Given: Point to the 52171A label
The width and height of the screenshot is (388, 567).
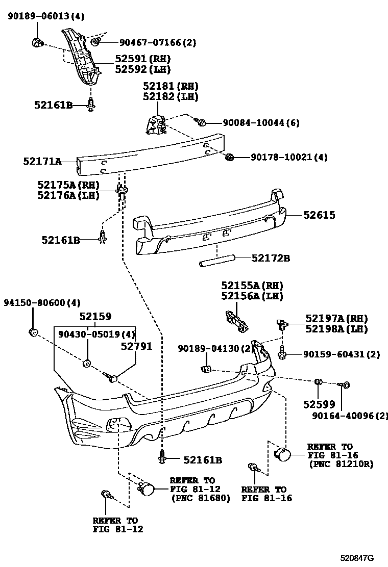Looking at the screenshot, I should (42, 162).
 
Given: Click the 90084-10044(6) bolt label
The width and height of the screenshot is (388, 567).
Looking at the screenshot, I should (261, 123).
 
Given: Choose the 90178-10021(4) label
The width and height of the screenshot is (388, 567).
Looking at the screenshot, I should (289, 158).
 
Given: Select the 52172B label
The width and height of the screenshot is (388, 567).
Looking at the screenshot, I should (271, 259).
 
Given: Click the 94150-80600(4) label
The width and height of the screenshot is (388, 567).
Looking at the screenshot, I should (42, 303).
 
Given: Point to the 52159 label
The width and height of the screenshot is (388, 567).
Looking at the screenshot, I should (95, 317).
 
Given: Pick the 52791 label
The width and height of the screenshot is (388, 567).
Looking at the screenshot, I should (136, 346).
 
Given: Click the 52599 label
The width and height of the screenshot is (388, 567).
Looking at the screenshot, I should (319, 404).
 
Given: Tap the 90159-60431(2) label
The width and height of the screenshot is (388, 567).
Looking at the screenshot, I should (341, 354).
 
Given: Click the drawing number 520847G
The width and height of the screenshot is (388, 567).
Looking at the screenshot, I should (358, 558).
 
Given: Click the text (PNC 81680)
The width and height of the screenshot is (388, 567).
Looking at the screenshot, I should (200, 498).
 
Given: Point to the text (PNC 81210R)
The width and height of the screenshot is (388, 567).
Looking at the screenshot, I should (341, 465).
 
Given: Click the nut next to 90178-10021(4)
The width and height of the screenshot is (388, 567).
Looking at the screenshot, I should (229, 157).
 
